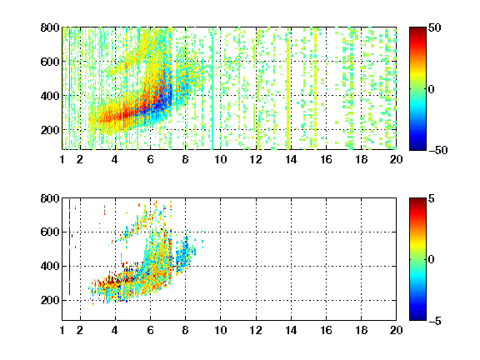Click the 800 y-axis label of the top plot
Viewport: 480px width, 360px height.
(50, 27)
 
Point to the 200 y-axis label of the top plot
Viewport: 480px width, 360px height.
(50, 130)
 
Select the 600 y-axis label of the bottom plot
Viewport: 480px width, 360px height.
(50, 232)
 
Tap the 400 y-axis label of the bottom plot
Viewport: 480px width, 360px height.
(50, 266)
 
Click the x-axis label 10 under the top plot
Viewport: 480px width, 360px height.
(220, 159)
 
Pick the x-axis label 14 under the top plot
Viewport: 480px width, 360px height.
(291, 159)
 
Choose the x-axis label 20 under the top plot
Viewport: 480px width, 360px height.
(396, 159)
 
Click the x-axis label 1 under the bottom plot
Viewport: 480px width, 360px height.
(62, 330)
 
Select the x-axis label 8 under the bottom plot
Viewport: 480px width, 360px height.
(185, 330)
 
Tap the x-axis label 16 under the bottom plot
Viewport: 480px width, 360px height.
(326, 330)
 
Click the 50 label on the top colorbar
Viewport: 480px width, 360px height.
(434, 27)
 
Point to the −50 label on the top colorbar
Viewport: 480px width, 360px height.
(437, 150)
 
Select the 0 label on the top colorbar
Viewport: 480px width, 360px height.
(432, 89)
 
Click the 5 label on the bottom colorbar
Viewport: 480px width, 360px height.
(432, 198)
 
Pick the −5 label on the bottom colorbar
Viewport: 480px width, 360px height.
(435, 321)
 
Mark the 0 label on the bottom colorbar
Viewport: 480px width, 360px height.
(432, 260)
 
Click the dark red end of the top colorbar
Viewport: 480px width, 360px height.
(417, 30)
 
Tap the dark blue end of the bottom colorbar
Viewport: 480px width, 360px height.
(417, 317)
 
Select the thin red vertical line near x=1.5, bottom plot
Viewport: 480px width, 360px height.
(69, 247)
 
